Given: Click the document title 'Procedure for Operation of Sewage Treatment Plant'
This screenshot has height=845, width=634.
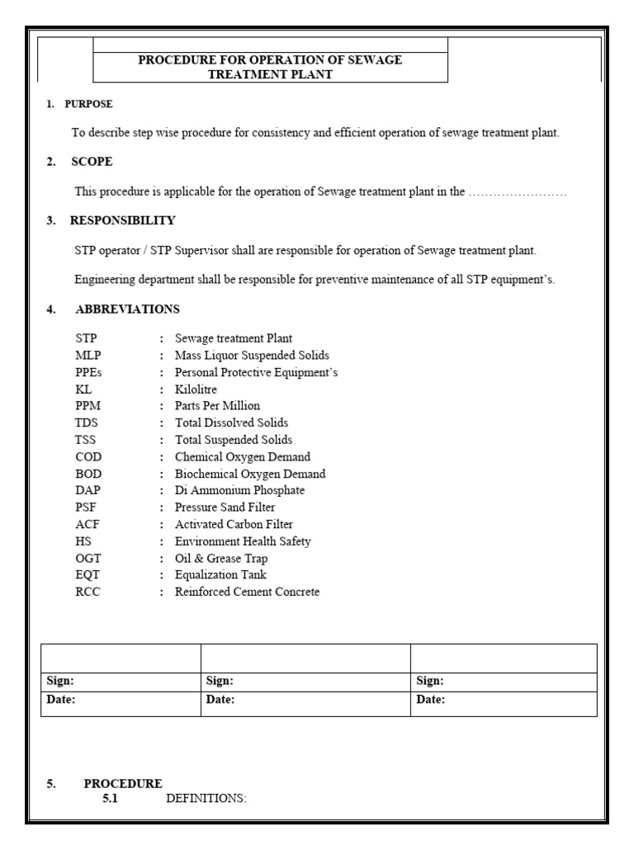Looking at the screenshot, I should point(270,67).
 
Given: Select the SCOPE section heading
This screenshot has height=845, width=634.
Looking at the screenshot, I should point(91,162).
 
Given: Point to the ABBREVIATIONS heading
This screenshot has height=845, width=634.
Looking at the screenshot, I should point(127,309).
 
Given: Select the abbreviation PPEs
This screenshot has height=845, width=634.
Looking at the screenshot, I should point(88,372).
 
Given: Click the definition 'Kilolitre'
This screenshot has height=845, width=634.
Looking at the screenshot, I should point(196,389).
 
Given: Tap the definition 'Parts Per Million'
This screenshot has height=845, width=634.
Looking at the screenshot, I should point(217,406).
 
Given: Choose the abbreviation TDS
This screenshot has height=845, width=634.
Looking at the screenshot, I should point(87,422).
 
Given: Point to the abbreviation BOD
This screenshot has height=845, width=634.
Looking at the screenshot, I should point(88,474).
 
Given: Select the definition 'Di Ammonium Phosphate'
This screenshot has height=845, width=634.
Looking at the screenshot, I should point(239,490).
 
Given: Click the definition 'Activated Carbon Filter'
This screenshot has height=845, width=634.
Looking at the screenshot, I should point(234,524).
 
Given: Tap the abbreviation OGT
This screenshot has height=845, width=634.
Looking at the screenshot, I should point(88,558).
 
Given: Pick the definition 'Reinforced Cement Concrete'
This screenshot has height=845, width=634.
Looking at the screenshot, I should point(247,592).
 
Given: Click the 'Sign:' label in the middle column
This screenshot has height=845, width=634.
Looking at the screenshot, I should point(220,682).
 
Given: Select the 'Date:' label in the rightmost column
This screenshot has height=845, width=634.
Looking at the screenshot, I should point(431,700).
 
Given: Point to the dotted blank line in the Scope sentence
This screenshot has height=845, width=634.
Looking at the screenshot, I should point(518,191).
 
